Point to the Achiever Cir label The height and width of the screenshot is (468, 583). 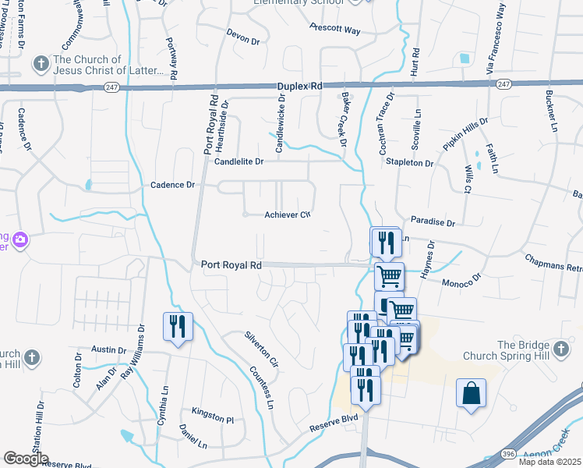tap(288, 214)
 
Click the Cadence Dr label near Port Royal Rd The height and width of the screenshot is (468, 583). tap(171, 186)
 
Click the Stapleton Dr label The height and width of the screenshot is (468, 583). tap(409, 163)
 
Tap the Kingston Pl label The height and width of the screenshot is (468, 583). tap(213, 419)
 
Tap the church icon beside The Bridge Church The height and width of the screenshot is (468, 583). tap(560, 346)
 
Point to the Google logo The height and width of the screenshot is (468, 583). tap(26, 459)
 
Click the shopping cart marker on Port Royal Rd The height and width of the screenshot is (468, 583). tap(389, 275)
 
